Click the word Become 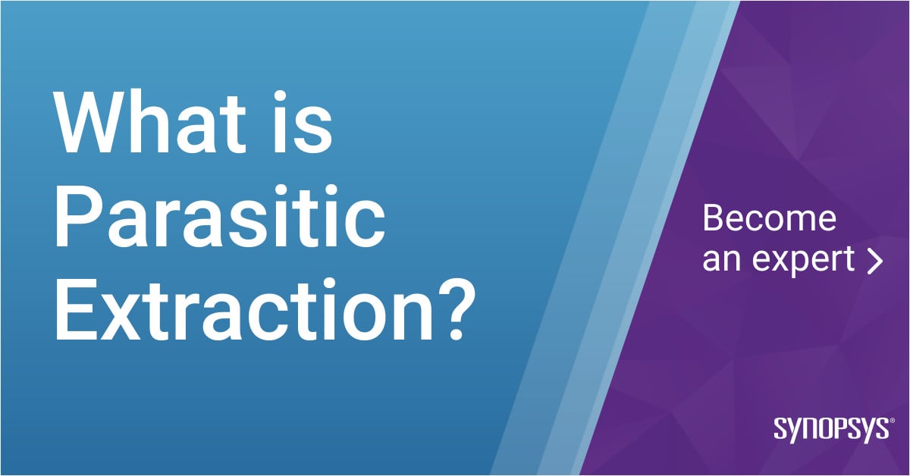pos(769,219)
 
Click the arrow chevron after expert pos(875,260)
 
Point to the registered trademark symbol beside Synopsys pos(892,421)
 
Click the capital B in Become pos(714,219)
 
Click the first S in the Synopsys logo pos(780,430)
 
